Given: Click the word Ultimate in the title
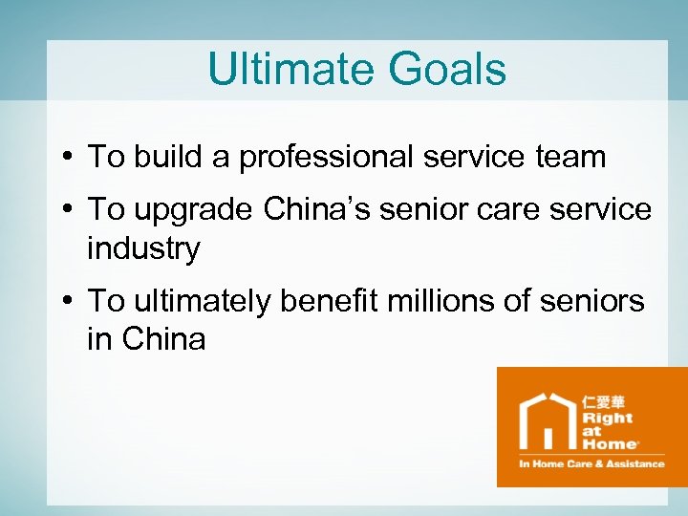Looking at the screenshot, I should tap(278, 70).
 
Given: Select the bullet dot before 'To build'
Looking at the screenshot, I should tap(73, 157).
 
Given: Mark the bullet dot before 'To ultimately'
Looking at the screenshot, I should tap(73, 301).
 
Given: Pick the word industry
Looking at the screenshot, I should tap(143, 248).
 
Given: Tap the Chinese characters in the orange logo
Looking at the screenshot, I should tap(606, 401).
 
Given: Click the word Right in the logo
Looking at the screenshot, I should tap(607, 419).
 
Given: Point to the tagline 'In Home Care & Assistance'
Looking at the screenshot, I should tap(591, 463).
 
